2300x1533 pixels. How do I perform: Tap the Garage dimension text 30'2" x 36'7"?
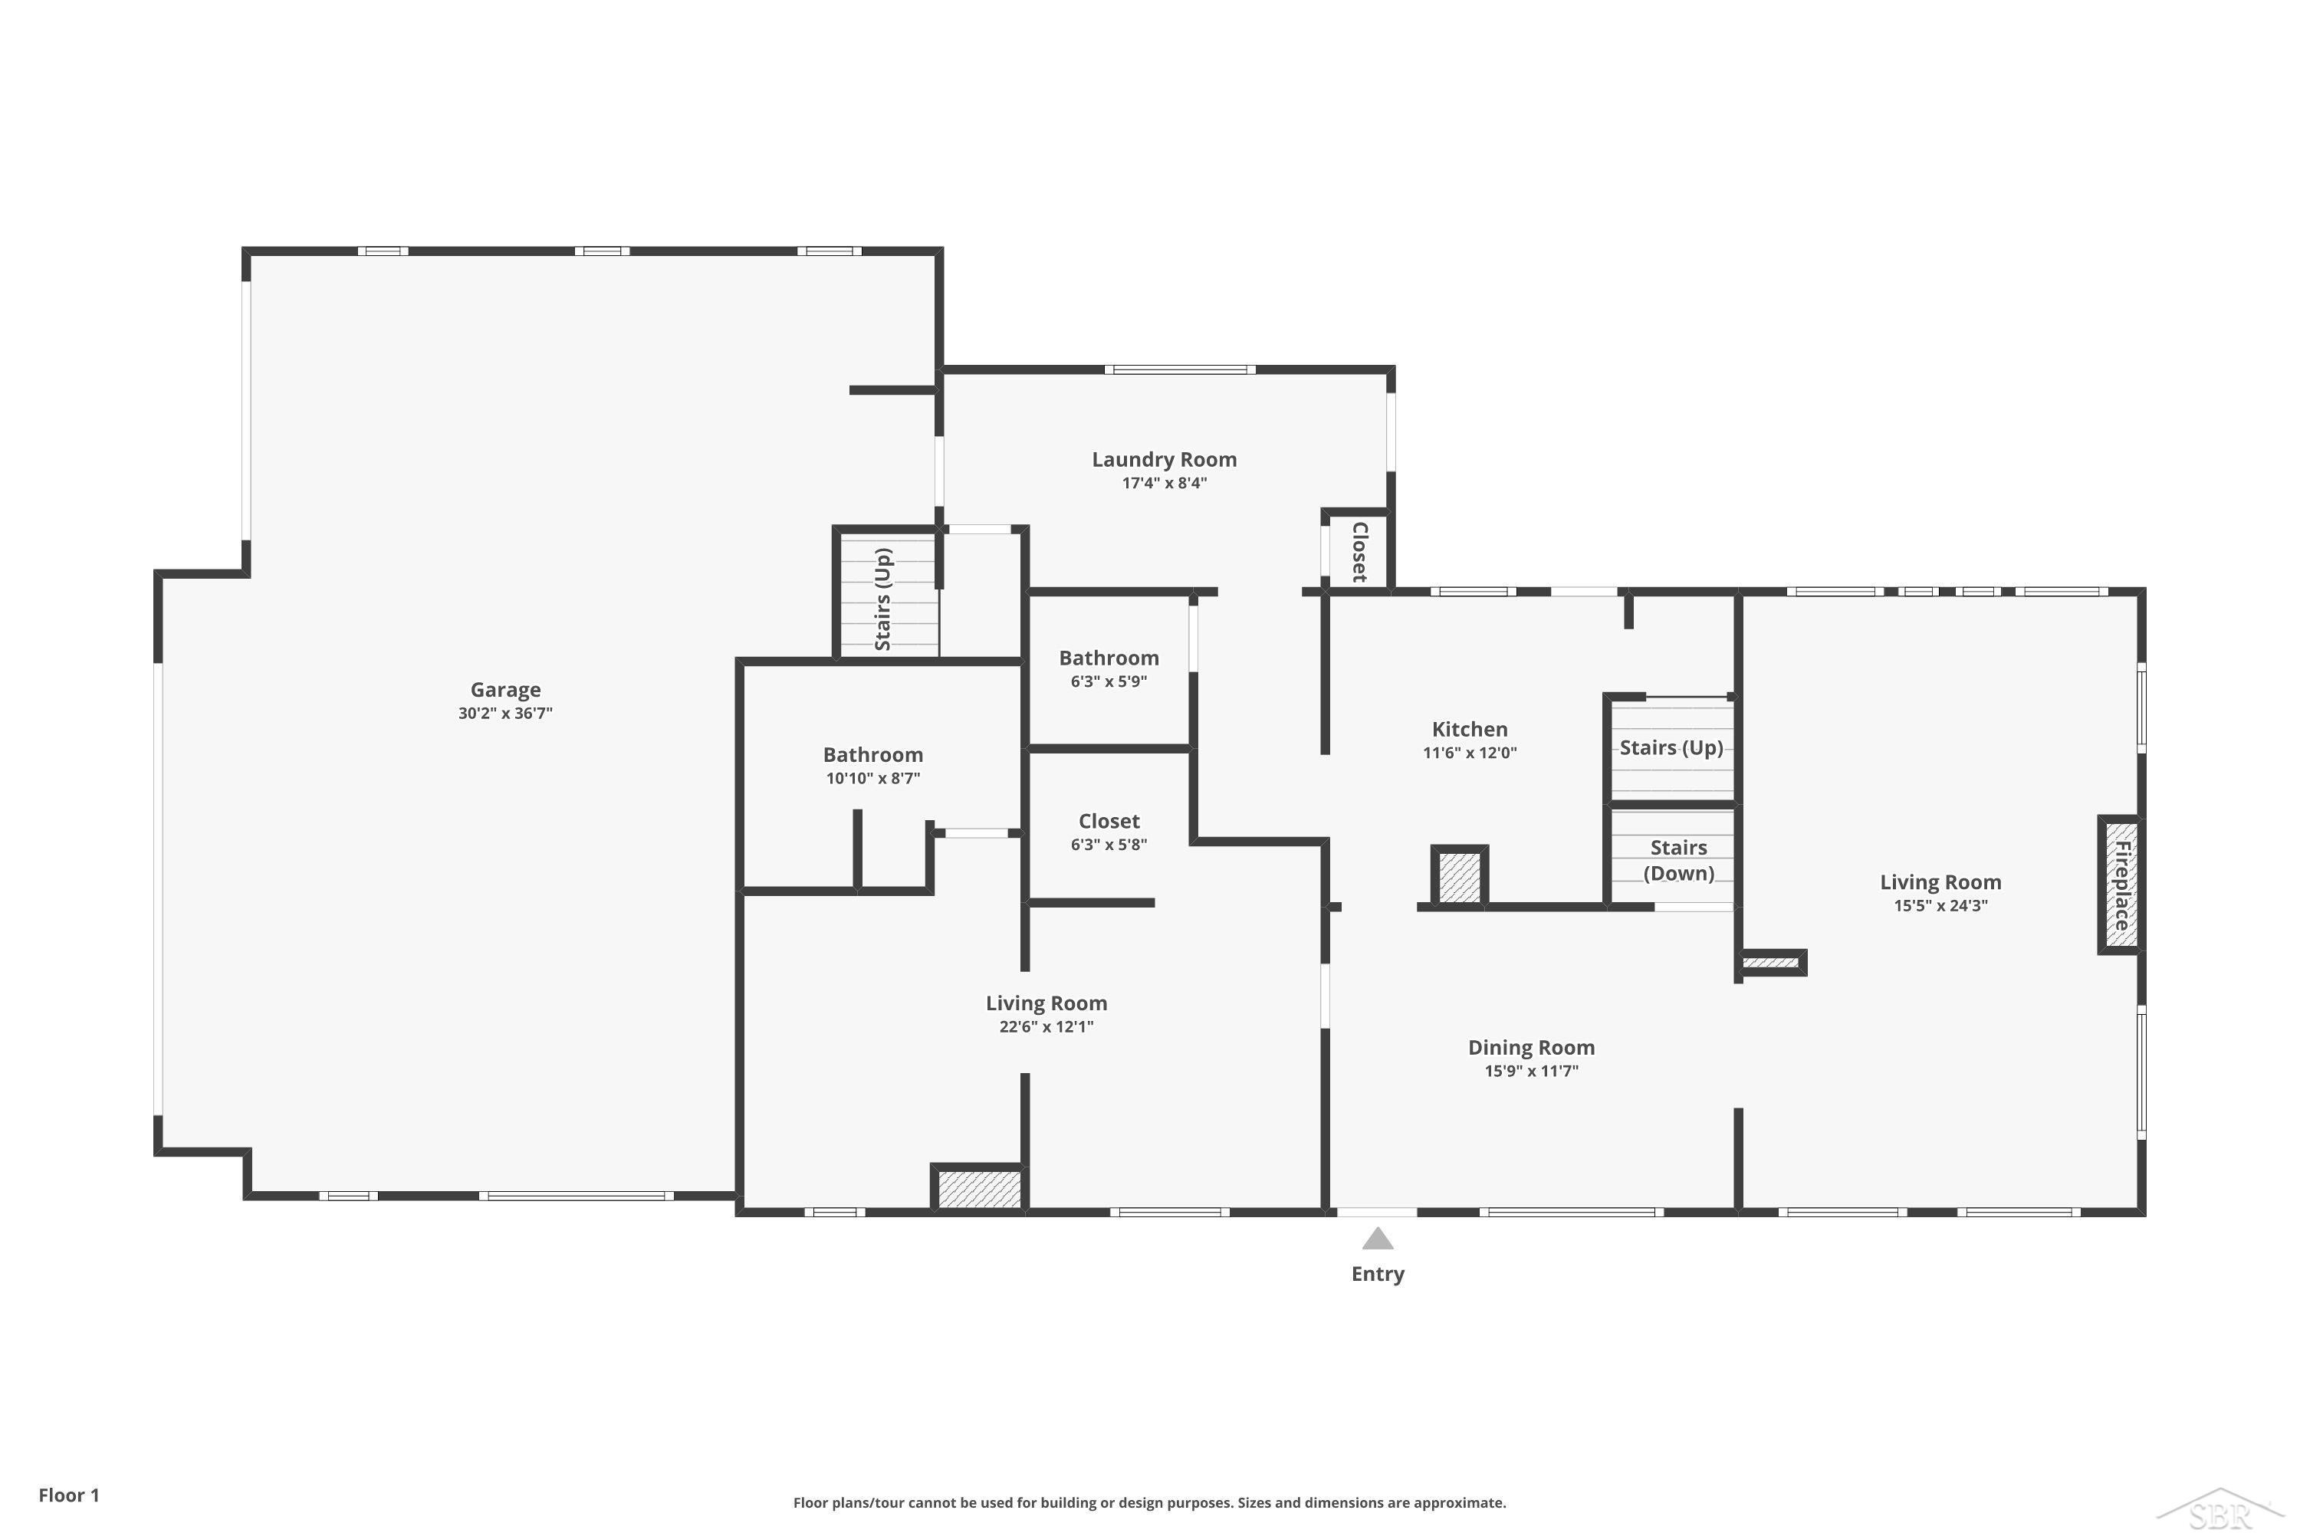[504, 714]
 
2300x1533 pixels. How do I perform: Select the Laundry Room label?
[1164, 459]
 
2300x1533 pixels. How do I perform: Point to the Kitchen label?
[1469, 730]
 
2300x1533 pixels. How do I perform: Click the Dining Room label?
[1530, 1048]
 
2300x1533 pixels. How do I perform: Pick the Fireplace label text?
[2122, 886]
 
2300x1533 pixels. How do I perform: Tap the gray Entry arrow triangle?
[1377, 1239]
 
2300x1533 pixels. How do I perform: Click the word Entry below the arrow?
[1377, 1274]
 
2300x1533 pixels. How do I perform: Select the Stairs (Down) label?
[1678, 860]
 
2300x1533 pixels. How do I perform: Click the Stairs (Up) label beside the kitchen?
[1671, 748]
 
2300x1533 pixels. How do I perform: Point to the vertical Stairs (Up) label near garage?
[882, 599]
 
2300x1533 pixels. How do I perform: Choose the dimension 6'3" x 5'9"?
[1108, 681]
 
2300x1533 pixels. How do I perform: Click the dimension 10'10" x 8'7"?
[872, 778]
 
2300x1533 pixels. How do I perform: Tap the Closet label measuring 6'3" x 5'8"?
[1108, 821]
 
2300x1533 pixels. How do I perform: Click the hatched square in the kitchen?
[1459, 877]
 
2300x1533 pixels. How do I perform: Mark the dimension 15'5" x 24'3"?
[1940, 905]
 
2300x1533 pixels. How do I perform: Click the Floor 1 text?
[68, 1495]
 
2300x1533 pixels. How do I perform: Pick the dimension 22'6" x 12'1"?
[1046, 1026]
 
